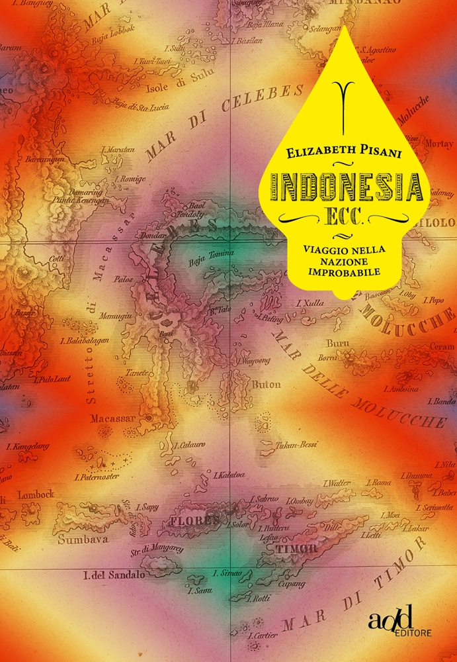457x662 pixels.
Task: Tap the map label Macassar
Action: (112, 418)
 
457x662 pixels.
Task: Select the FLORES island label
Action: (194, 520)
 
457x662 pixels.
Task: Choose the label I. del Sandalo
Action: (113, 575)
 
